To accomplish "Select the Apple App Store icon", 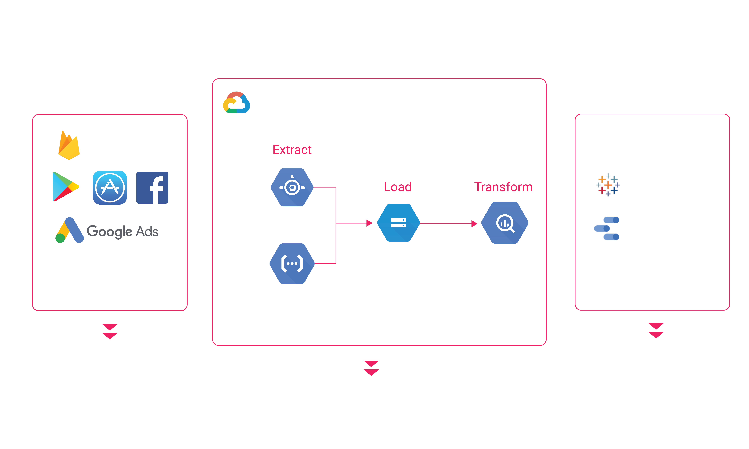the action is [110, 188].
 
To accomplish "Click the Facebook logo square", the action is [152, 188].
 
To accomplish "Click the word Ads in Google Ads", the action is [147, 231].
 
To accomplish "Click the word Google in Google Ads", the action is [110, 232].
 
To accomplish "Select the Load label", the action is [398, 187].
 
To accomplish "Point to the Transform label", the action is [503, 187].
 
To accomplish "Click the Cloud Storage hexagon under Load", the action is [398, 223].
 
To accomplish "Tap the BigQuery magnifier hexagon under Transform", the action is [505, 223].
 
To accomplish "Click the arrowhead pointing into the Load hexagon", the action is [369, 223].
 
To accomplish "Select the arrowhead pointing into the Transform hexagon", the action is [474, 224].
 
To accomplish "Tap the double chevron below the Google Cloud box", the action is [371, 368].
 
